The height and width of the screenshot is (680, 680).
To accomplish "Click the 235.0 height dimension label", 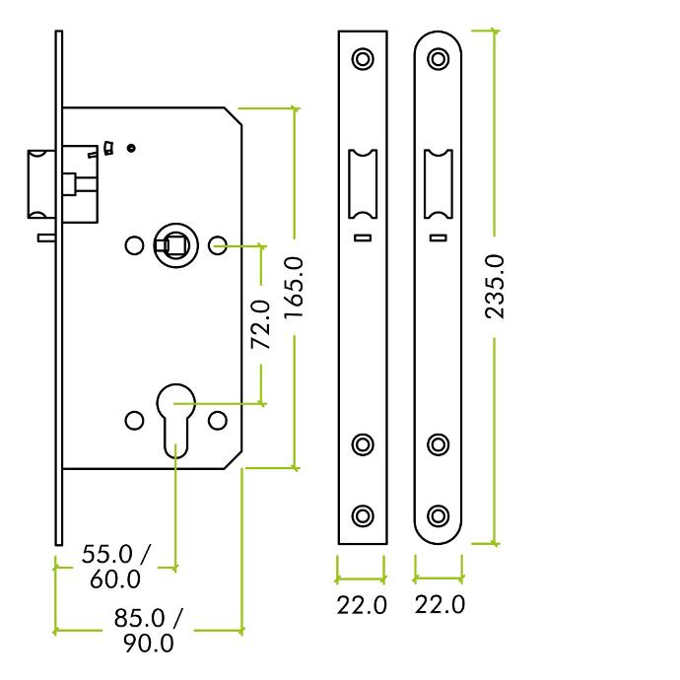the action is tap(495, 287).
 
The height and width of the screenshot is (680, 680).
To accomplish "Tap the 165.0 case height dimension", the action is tap(294, 288).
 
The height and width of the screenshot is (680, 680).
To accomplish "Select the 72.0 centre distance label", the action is tap(260, 324).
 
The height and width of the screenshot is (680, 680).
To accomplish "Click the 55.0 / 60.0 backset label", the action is tap(115, 567).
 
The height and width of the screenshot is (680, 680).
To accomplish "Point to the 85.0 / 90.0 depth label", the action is tap(148, 631).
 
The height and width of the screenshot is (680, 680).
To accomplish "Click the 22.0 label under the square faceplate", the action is tap(362, 605).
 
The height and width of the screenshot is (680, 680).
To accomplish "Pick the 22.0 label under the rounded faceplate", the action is tap(440, 604).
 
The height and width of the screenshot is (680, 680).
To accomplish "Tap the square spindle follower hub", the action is tap(176, 245).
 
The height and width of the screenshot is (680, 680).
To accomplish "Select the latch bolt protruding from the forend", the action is tap(41, 184).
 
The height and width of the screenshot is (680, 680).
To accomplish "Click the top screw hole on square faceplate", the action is tap(363, 58).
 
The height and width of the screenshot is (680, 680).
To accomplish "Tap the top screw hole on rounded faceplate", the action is tap(438, 58).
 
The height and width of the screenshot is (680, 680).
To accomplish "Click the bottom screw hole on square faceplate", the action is tap(363, 516).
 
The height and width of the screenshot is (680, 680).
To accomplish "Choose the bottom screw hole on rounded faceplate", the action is tap(438, 516).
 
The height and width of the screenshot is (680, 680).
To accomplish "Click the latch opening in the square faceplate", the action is tap(363, 184).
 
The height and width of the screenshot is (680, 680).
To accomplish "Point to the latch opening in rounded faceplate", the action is tap(438, 184).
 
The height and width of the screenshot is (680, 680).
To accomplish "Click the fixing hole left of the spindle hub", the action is tap(134, 245).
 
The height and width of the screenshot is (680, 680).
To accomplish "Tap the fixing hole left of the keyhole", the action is tap(134, 421).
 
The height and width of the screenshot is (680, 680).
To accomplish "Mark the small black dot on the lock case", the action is tap(131, 148).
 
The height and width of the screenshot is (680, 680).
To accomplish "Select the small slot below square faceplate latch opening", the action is tap(363, 238).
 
